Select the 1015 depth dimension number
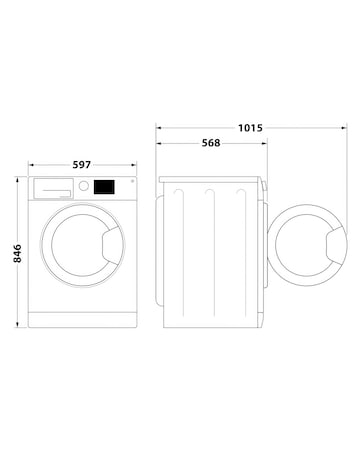pos(252,128)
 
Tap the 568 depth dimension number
pos(210,143)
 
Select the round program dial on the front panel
pos(84,187)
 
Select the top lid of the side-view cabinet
pos(212,179)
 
